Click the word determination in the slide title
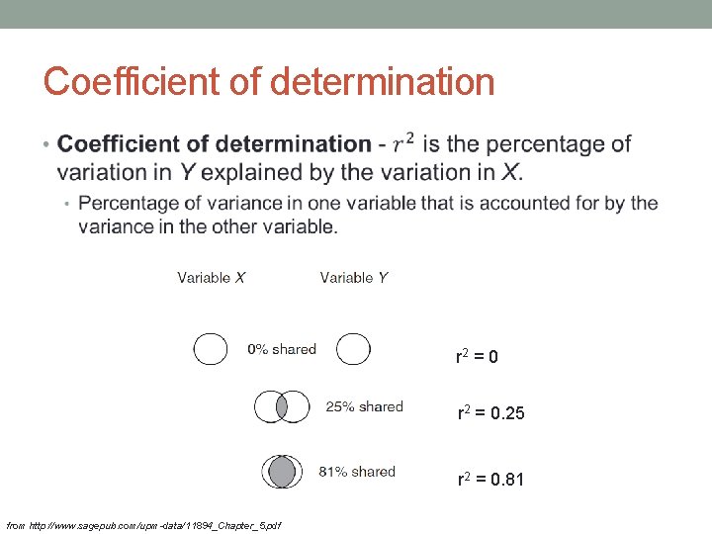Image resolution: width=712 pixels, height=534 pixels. click(382, 81)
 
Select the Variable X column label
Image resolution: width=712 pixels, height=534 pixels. click(212, 278)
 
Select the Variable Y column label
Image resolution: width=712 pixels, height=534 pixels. click(354, 278)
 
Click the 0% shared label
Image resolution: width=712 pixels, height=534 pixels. click(282, 349)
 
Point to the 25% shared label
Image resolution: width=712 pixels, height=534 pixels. click(365, 406)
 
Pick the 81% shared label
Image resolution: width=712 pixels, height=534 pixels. click(357, 472)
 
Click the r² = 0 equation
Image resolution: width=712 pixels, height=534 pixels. click(477, 356)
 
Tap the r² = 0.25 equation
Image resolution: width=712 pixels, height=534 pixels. click(490, 413)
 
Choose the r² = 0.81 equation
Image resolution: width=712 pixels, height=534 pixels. click(490, 480)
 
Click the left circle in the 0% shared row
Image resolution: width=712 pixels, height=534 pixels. click(210, 349)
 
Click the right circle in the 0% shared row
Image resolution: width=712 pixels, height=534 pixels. click(353, 349)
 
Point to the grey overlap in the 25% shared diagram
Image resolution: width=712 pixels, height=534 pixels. click(282, 406)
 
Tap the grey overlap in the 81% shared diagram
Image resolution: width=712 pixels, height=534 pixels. click(283, 472)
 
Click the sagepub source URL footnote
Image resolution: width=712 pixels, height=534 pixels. click(143, 524)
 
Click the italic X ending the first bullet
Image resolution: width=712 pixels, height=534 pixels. click(509, 172)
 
